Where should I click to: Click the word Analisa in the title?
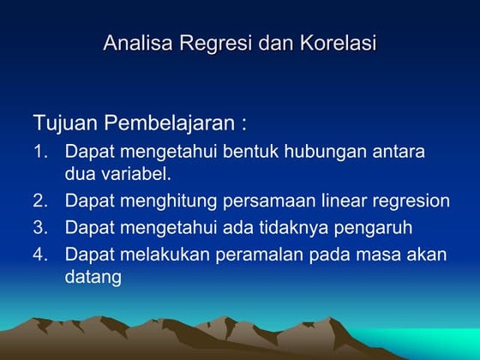click(x=138, y=42)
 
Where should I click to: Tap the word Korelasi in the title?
click(x=337, y=42)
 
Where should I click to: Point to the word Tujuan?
click(x=64, y=123)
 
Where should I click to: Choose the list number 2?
click(x=39, y=201)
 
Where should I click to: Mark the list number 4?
click(x=39, y=255)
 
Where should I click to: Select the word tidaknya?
click(x=295, y=228)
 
